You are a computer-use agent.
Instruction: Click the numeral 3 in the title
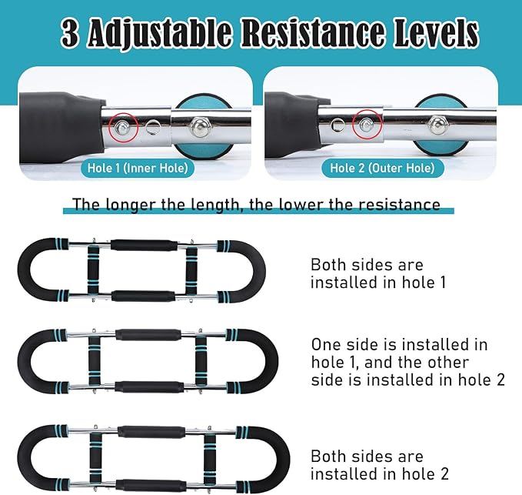71,34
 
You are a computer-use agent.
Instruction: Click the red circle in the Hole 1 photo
123,127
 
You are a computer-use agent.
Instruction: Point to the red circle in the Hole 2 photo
367,125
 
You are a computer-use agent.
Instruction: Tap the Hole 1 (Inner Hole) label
138,168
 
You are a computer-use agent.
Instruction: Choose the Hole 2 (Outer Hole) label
383,168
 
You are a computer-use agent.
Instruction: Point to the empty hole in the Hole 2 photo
337,125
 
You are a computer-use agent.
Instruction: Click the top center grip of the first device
144,245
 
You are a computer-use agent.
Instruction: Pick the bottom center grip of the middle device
149,386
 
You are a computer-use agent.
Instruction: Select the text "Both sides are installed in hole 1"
377,273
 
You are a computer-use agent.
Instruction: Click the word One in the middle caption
326,345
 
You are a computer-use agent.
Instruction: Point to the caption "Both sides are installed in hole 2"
380,465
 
